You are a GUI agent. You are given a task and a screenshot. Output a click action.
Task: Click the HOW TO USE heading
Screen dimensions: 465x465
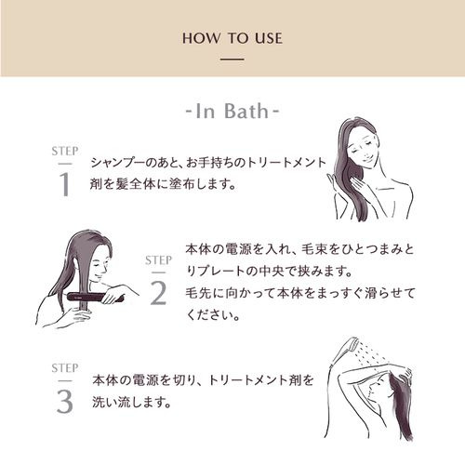click(232, 38)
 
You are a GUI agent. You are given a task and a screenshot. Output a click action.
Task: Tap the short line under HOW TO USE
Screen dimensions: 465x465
click(232, 59)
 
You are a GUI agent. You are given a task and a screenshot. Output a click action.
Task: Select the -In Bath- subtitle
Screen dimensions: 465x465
click(232, 111)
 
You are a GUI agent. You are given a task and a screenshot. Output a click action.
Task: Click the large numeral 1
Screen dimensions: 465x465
click(64, 184)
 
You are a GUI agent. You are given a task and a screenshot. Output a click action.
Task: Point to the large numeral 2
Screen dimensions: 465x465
click(158, 293)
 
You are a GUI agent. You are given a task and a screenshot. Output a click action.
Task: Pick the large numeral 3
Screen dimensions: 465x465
click(65, 402)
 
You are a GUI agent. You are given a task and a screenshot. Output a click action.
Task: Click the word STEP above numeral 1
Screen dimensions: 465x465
click(65, 152)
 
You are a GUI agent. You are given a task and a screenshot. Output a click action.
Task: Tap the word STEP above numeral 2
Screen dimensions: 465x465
click(158, 260)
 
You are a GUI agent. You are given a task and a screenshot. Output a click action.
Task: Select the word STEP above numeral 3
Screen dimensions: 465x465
click(65, 368)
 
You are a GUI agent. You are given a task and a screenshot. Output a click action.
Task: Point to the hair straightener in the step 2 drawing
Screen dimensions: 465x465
click(96, 297)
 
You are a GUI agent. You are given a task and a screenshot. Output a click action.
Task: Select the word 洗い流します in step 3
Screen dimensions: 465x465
click(131, 402)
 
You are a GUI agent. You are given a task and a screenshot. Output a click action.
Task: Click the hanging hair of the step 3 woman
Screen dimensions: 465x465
click(403, 407)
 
